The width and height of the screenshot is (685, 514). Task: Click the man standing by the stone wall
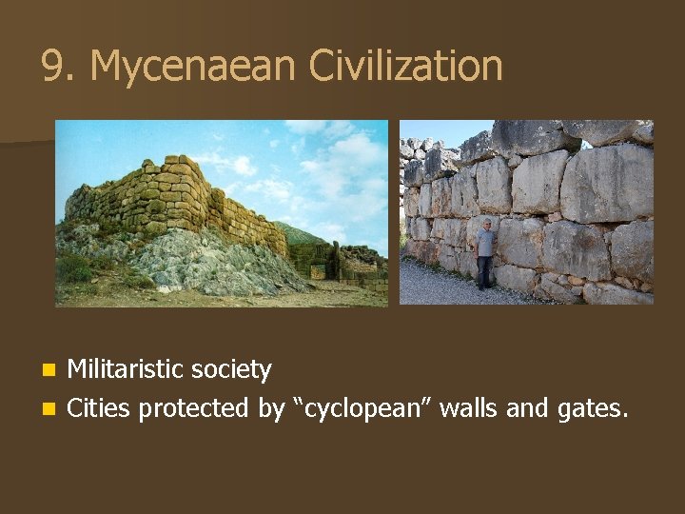click(x=485, y=252)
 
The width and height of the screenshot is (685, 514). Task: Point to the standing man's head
click(x=487, y=224)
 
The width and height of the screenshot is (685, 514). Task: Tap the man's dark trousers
click(x=485, y=270)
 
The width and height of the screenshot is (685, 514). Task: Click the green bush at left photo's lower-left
click(x=74, y=269)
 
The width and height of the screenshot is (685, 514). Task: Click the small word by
click(x=270, y=409)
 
